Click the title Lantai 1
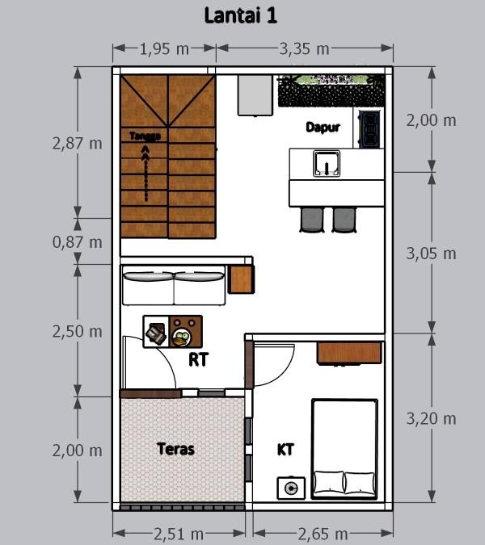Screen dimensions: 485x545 240,16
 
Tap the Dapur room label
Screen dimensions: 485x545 323,128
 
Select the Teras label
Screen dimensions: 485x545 175,449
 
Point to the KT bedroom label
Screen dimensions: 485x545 285,450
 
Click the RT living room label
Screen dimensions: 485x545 198,360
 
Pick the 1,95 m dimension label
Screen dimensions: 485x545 164,49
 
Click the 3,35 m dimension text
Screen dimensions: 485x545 305,49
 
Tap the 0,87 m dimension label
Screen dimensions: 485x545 78,242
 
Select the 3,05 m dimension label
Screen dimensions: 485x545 432,254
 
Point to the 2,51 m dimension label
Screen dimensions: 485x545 179,535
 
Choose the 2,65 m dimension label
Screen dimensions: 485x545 323,535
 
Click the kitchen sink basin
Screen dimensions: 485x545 327,163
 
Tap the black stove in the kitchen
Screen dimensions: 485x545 369,128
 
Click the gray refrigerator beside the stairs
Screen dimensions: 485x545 255,95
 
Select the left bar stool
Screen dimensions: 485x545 312,220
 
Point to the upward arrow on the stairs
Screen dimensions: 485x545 145,174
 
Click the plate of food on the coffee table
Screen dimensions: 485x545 181,337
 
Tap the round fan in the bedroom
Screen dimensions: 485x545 291,488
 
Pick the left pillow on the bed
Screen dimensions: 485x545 329,482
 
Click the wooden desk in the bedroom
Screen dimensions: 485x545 349,354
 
